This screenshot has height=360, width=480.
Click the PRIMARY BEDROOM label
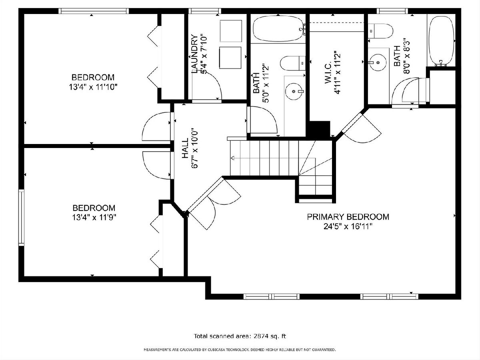[348, 217]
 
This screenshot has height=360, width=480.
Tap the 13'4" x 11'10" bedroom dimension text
[93, 87]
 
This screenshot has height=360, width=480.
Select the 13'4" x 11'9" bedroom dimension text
[94, 218]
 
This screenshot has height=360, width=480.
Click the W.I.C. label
[328, 73]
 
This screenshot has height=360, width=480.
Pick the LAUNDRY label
[194, 54]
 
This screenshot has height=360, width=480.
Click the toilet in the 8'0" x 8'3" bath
[380, 31]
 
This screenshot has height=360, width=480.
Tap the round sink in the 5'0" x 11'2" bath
[294, 91]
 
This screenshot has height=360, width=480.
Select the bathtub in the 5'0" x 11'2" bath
[278, 28]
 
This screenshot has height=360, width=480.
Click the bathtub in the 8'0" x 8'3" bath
[441, 41]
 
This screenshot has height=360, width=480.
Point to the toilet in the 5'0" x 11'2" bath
[292, 63]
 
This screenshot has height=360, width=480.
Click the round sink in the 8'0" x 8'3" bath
[378, 62]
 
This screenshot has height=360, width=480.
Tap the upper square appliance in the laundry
[231, 31]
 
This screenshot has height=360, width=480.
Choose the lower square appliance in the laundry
[230, 58]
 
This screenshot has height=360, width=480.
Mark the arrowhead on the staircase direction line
[233, 158]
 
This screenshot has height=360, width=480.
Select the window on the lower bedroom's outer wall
[21, 218]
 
